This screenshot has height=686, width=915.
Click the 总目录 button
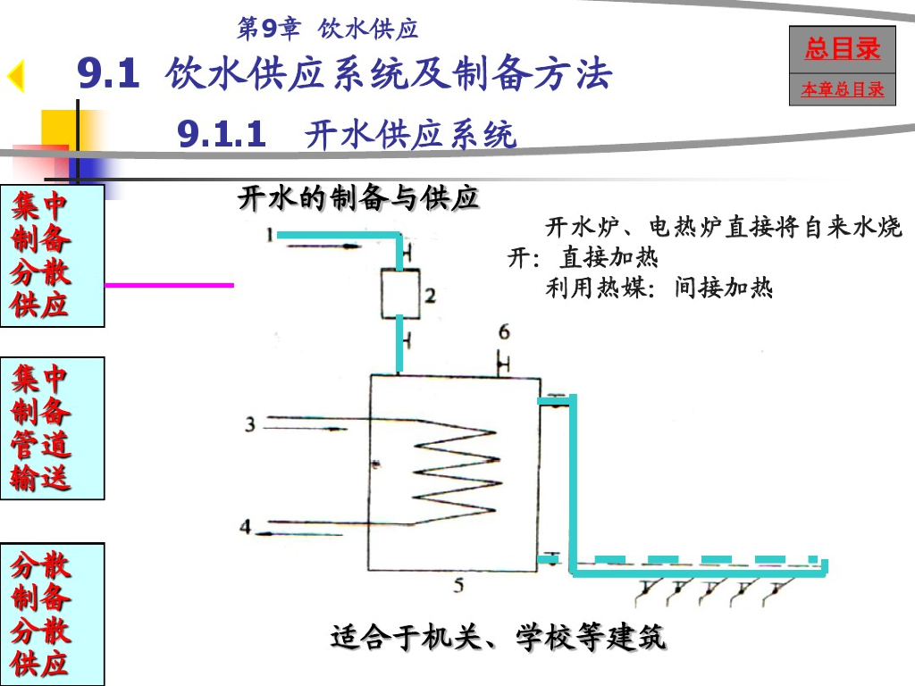(842, 50)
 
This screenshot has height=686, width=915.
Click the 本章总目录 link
(842, 90)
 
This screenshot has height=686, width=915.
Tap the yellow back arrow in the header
(15, 77)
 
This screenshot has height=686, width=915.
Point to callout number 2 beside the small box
(430, 296)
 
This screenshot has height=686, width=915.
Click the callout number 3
(250, 423)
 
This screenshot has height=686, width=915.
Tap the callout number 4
(245, 527)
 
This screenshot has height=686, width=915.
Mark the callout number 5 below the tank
(458, 586)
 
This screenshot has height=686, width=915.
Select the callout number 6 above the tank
(504, 332)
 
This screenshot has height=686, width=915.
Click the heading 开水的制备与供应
(358, 198)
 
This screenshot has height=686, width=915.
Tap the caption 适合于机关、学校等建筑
(498, 638)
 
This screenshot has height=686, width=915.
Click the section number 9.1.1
(222, 135)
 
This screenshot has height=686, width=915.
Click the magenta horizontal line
(170, 285)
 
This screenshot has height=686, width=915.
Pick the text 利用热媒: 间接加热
(659, 288)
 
